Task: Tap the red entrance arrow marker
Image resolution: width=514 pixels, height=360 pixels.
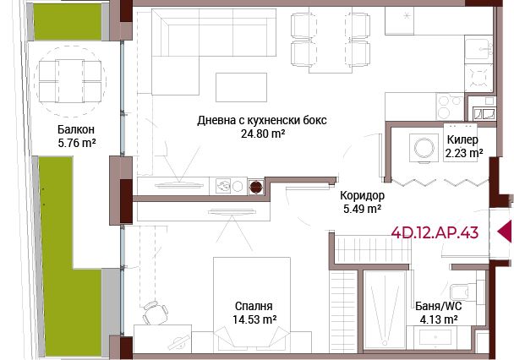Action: [x=505, y=232]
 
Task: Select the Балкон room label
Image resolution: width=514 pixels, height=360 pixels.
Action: [x=76, y=129]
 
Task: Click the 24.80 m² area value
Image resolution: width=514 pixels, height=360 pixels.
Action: [x=263, y=134]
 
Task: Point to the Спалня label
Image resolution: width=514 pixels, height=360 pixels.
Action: [x=254, y=306]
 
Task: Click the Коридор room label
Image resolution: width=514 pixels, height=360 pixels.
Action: [x=362, y=195]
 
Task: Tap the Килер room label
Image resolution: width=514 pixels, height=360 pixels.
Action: [x=462, y=140]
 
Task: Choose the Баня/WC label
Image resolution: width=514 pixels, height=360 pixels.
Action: [x=439, y=306]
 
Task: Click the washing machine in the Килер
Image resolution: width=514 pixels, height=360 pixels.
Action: [x=424, y=148]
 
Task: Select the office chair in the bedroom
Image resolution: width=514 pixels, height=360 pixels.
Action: [x=155, y=312]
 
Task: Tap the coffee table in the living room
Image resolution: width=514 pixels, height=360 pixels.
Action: [x=241, y=87]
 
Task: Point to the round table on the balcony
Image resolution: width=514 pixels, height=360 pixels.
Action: [x=70, y=81]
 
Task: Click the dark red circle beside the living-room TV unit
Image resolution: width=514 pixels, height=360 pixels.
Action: [x=256, y=187]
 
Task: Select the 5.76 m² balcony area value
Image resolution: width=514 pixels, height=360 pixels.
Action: [x=77, y=143]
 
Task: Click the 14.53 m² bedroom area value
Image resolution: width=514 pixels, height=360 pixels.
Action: [x=254, y=319]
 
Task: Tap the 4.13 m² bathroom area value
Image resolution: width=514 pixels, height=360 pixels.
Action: [x=439, y=319]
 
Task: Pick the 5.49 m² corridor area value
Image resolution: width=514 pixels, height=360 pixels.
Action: [x=362, y=209]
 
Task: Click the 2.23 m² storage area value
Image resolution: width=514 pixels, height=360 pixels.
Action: [x=464, y=153]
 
